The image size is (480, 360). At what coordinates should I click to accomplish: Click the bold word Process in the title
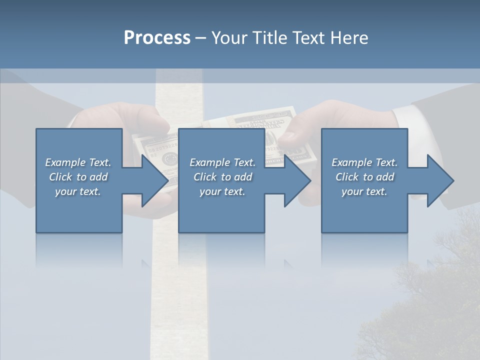[157, 37]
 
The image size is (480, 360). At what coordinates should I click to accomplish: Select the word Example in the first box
[65, 162]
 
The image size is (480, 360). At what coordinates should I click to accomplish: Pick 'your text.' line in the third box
[364, 191]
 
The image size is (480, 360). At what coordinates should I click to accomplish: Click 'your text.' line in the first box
[78, 191]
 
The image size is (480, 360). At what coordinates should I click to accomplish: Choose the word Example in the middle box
[209, 162]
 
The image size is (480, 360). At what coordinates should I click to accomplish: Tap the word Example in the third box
[351, 162]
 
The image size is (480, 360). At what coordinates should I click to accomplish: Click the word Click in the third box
[347, 177]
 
